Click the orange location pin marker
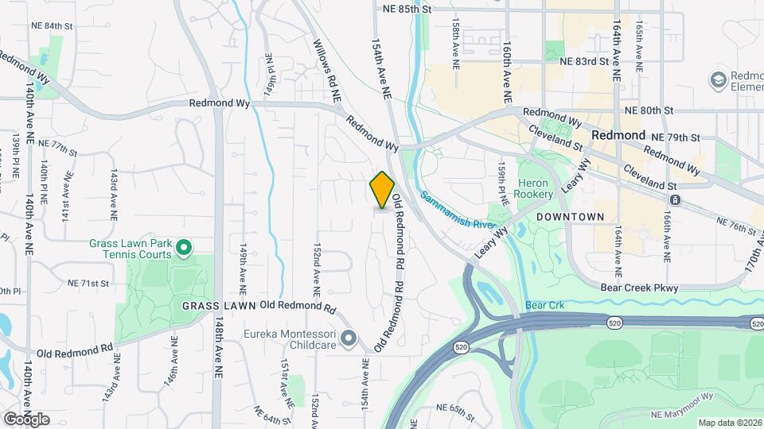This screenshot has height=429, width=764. [x=382, y=189]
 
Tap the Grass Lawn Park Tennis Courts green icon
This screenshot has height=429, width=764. [x=184, y=249]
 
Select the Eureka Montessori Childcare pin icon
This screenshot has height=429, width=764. [x=348, y=339]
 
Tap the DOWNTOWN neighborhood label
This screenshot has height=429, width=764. [x=570, y=216]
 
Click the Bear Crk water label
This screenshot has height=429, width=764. [x=544, y=305]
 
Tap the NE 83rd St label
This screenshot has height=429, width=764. [x=584, y=60]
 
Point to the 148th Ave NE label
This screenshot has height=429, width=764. [x=218, y=357]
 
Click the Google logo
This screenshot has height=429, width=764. [x=26, y=419]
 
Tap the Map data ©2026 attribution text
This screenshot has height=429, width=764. [x=729, y=423]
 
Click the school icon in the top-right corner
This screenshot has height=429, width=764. [x=719, y=79]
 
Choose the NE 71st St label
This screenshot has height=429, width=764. [x=88, y=283]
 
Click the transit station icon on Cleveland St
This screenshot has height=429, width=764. [x=675, y=199]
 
